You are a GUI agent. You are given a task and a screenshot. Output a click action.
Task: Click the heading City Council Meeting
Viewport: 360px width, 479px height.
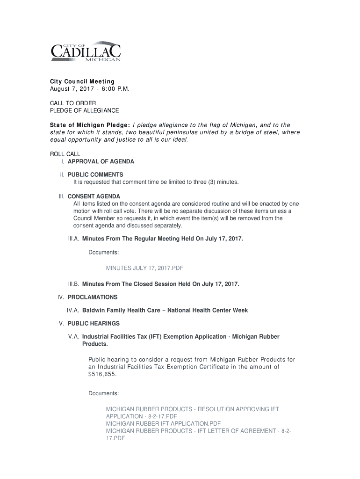tap(82, 81)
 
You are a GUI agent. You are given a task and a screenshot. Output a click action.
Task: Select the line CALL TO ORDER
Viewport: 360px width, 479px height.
tap(73, 103)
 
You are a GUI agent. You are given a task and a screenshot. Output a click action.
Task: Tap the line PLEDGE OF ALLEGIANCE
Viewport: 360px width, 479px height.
tap(84, 110)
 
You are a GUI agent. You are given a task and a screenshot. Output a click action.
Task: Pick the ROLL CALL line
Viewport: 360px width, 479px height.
tap(65, 154)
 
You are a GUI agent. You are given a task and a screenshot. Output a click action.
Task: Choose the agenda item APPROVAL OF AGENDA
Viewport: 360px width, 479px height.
tap(101, 161)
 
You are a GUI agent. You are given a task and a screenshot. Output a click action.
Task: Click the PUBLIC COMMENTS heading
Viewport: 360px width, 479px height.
tap(95, 174)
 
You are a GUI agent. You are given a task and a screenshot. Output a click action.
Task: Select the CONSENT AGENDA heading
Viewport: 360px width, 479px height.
tap(94, 196)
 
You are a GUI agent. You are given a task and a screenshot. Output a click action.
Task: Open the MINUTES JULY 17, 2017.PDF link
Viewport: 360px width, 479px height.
tap(144, 268)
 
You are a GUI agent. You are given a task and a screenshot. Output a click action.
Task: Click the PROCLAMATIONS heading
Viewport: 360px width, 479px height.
tap(93, 297)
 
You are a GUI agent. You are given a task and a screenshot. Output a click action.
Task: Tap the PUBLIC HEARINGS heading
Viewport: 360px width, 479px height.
tap(94, 323)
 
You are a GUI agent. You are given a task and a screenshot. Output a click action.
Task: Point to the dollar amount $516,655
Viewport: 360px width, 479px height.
tap(102, 375)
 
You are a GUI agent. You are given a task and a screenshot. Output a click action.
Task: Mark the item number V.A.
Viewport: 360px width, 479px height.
tap(73, 336)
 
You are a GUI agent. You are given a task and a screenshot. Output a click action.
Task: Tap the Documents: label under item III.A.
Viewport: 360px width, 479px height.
tap(103, 253)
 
